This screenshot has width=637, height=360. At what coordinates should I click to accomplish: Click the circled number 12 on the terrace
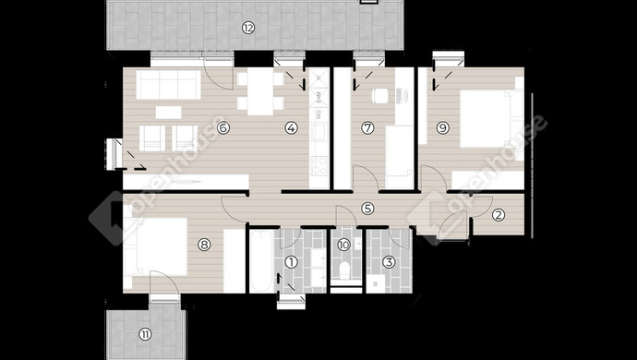[247, 28]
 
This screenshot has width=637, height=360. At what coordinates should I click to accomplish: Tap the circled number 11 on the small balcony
[145, 334]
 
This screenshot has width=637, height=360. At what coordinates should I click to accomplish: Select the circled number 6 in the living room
[223, 128]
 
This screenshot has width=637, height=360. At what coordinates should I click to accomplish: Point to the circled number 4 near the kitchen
[292, 128]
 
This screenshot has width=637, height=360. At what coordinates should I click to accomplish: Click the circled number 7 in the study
[367, 128]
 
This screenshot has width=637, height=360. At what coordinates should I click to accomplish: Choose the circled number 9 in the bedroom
[443, 128]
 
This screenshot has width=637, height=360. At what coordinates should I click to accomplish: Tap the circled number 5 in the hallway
[367, 209]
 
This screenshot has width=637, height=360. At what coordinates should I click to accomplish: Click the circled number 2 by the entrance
[499, 215]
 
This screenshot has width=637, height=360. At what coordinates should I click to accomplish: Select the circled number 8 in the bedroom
[204, 245]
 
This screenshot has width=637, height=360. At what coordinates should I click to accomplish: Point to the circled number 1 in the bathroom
[292, 262]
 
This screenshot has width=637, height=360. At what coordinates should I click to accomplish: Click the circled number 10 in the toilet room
[343, 245]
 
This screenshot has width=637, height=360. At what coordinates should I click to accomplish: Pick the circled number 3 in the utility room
[390, 262]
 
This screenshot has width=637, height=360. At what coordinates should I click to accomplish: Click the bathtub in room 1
[261, 261]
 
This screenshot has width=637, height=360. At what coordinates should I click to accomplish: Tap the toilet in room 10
[345, 270]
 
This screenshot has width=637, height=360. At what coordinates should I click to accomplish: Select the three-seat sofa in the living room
[169, 85]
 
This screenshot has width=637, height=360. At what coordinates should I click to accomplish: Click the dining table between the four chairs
[260, 91]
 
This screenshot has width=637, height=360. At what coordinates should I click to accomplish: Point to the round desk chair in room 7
[380, 96]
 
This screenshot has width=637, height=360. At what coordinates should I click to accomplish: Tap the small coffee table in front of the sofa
[168, 113]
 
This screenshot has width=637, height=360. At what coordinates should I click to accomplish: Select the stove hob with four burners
[318, 166]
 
